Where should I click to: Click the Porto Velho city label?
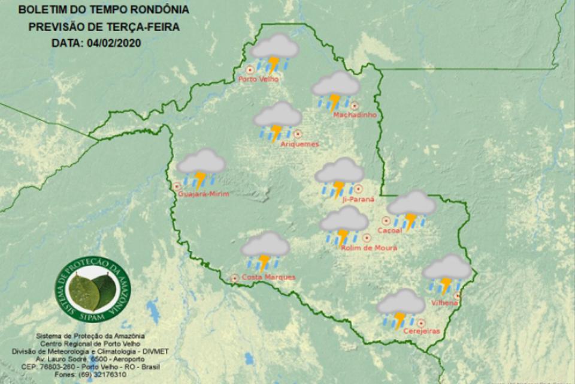point(258,78)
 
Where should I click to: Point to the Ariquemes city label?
point(299,144)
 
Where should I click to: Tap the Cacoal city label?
point(389,230)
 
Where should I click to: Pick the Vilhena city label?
point(444,303)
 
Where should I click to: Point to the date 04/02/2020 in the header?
point(114,43)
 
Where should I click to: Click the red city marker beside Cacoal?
point(386,221)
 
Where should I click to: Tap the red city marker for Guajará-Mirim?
point(177,186)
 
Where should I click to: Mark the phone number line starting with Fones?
point(89,373)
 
